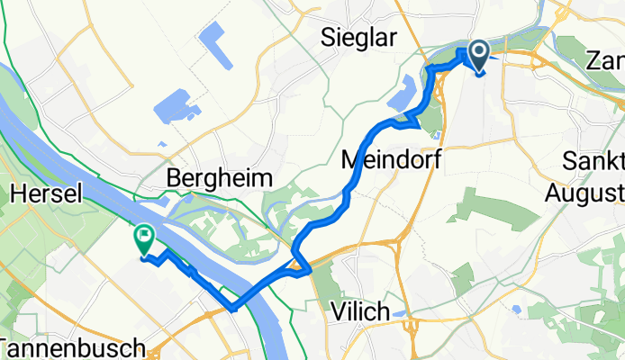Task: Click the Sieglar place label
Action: pyautogui.click(x=359, y=38)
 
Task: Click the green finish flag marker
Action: pyautogui.click(x=143, y=238)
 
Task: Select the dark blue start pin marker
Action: pyautogui.click(x=476, y=56)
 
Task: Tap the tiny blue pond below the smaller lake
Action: pyautogui.click(x=162, y=142)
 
